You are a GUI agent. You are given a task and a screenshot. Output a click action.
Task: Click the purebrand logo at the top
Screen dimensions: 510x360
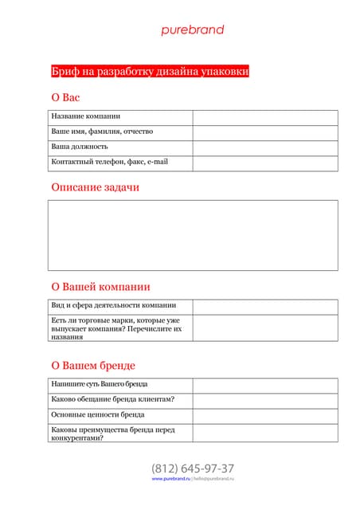click(x=193, y=30)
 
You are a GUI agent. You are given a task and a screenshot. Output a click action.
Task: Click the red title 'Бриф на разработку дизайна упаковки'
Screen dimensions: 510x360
click(x=150, y=71)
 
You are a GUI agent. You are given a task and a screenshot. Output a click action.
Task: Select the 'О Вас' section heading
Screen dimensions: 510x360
click(x=65, y=97)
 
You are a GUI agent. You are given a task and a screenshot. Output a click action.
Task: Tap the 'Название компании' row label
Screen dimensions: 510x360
click(x=86, y=116)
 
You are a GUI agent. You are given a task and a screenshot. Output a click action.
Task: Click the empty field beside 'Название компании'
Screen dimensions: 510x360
click(x=264, y=117)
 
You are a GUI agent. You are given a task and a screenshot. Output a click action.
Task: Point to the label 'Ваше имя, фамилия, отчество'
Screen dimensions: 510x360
click(x=102, y=131)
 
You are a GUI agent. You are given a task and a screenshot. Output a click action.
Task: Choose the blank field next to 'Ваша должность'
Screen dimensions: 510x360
click(x=264, y=147)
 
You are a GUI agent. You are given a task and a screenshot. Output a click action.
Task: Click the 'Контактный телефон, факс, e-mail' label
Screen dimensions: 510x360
click(x=110, y=163)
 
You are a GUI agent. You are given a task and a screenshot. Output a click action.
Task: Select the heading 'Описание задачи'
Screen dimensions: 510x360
click(x=95, y=187)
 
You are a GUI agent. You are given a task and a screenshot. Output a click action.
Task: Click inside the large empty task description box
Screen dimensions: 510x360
click(x=193, y=235)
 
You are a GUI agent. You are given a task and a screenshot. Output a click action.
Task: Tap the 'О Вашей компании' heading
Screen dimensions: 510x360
click(x=100, y=287)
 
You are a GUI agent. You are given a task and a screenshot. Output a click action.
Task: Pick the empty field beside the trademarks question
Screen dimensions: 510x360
click(x=264, y=328)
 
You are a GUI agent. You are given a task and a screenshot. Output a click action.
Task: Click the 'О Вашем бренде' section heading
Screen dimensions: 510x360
click(x=93, y=366)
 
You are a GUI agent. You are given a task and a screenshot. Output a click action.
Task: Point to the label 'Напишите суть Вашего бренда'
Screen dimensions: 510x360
click(x=100, y=385)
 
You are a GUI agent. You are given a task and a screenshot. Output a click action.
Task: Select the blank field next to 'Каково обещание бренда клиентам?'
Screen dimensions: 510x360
click(x=264, y=400)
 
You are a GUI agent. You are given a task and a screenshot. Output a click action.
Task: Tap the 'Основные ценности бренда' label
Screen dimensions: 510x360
click(x=98, y=415)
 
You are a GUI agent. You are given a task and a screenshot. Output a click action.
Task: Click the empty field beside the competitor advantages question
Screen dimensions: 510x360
click(x=264, y=433)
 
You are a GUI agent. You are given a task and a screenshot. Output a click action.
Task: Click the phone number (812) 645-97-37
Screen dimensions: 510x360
click(x=193, y=469)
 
